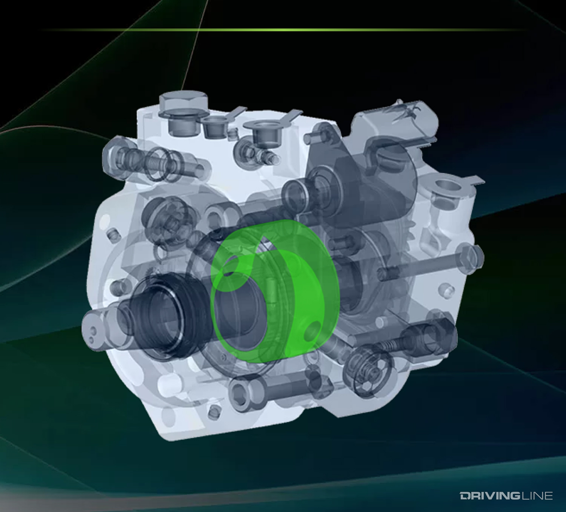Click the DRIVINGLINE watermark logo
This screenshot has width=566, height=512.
[506, 495]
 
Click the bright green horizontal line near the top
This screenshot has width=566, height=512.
[283, 29]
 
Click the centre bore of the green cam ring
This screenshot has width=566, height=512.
[241, 313]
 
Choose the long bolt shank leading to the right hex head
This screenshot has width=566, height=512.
[419, 268]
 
